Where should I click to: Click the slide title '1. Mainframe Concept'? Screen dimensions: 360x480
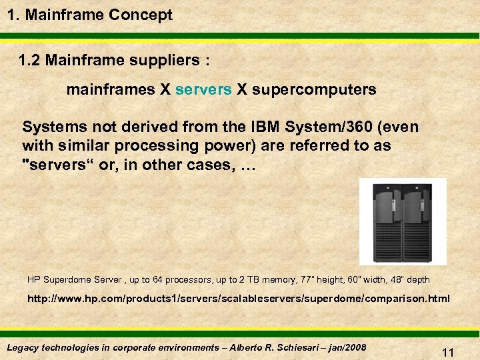(x=90, y=15)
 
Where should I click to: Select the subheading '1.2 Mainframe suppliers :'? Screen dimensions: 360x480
(x=114, y=61)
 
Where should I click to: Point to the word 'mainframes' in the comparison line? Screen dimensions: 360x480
(x=111, y=89)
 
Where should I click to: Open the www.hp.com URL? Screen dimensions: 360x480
(x=238, y=299)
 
